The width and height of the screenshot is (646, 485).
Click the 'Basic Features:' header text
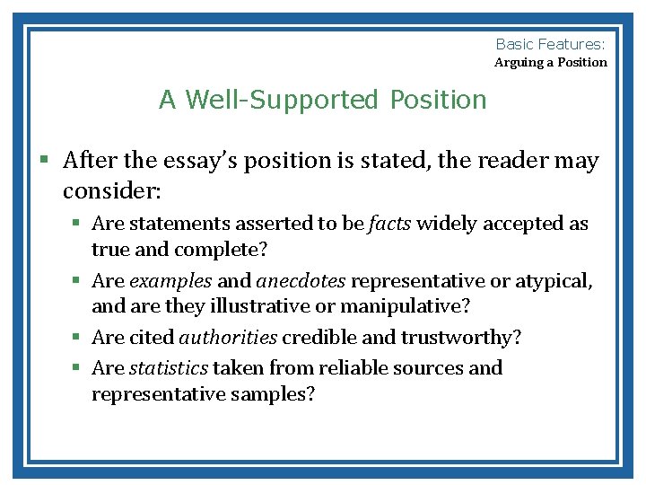pos(551,43)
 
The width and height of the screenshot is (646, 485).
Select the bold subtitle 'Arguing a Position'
pos(551,63)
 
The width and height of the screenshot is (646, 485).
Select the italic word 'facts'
pos(389,224)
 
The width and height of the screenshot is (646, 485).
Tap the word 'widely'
pos(448,224)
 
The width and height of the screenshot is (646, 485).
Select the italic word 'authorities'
pos(228,338)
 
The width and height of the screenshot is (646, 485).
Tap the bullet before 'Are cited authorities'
pos(78,338)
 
